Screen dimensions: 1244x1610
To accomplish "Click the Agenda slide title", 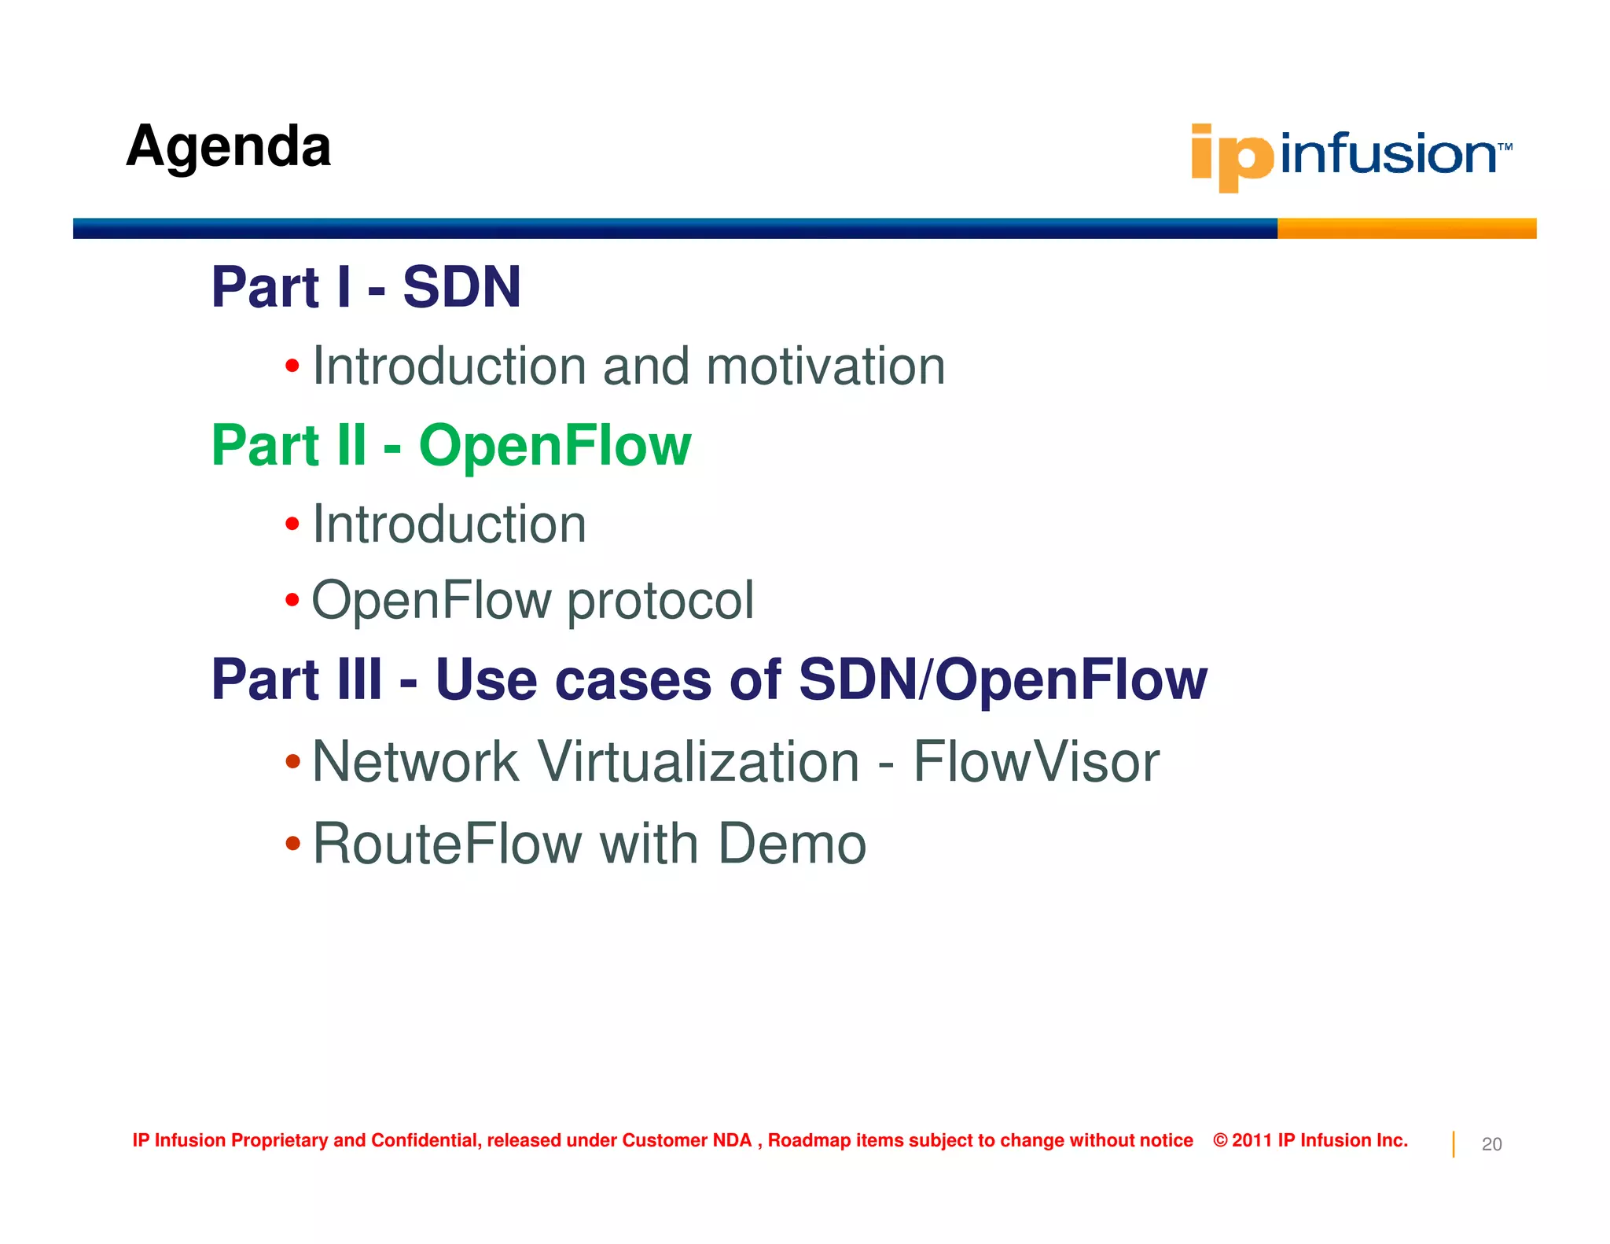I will point(228,147).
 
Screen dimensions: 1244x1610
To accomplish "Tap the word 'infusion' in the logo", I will point(1388,153).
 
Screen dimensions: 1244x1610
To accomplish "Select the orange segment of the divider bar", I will point(1406,229).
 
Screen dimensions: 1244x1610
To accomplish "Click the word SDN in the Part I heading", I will point(461,287).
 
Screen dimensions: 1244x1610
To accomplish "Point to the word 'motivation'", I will point(825,366).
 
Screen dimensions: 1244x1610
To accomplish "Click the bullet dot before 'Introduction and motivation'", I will point(292,366).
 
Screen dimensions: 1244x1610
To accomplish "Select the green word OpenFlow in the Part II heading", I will point(554,446).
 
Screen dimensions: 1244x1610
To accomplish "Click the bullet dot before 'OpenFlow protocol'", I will point(292,601).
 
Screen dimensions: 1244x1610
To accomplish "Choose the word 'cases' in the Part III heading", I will point(633,680).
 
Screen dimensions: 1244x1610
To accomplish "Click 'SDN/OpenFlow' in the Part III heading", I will point(1002,680).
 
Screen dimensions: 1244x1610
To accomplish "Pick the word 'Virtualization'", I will point(698,762).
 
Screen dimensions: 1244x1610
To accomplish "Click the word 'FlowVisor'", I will point(1035,762).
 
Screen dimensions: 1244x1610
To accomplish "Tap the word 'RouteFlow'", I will point(447,844).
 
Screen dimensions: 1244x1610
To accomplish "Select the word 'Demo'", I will point(792,844).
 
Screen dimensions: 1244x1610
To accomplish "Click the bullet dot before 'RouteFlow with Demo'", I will point(292,844).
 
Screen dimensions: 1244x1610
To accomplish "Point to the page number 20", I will point(1491,1144).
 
